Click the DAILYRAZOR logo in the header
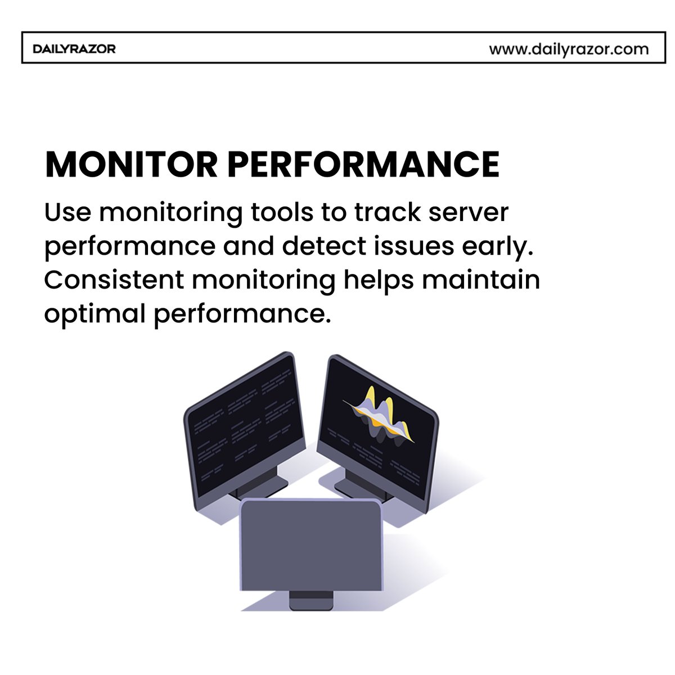point(74,49)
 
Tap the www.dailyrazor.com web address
point(569,49)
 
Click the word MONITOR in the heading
point(132,164)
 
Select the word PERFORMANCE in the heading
point(364,164)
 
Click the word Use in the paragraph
point(67,212)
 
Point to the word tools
point(282,212)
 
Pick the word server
point(469,213)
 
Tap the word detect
point(324,246)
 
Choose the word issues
point(414,246)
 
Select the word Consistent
point(114,280)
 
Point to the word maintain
point(480,280)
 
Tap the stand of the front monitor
point(311,600)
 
